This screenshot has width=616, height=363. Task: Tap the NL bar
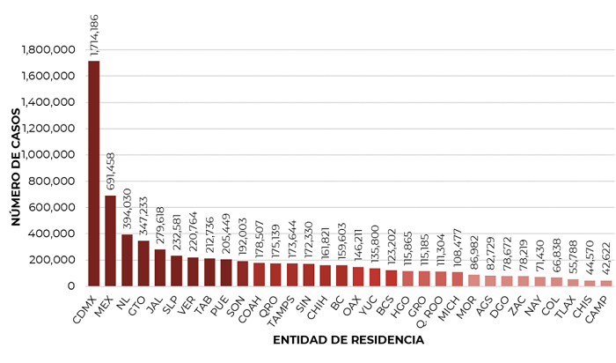(x=127, y=260)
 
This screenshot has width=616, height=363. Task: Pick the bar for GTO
(x=143, y=263)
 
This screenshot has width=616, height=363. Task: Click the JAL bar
(x=159, y=268)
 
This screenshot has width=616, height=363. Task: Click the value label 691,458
(x=111, y=169)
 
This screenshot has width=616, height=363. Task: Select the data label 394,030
(x=128, y=208)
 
